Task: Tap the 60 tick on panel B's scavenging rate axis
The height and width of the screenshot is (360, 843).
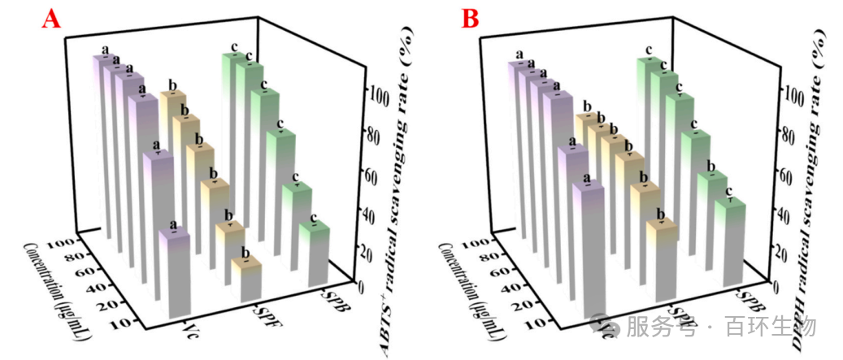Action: coord(791,174)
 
